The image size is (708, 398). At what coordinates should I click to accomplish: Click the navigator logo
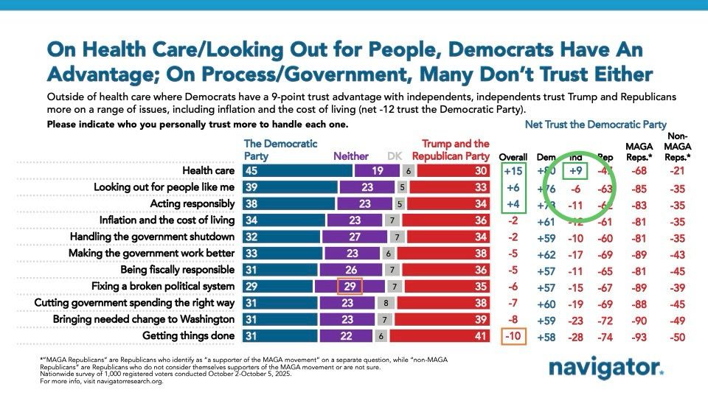pyautogui.click(x=605, y=369)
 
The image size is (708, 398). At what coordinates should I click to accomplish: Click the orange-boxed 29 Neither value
pyautogui.click(x=349, y=286)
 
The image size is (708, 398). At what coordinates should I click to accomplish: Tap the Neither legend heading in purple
pyautogui.click(x=351, y=156)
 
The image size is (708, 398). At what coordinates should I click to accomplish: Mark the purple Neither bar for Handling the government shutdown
pyautogui.click(x=356, y=237)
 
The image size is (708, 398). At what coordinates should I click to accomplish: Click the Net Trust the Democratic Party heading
pyautogui.click(x=596, y=125)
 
